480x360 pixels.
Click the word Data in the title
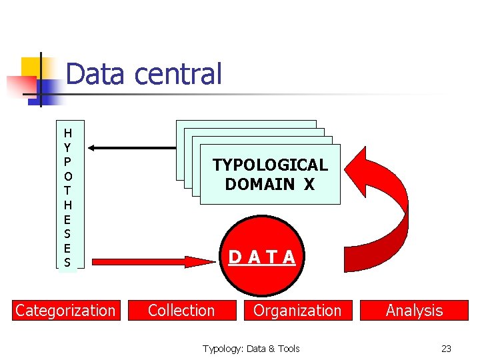pos(95,74)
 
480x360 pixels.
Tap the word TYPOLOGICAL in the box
pos(270,165)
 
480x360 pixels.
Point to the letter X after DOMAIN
pos(309,184)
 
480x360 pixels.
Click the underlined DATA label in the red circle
pos(262,257)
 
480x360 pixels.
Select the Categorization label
pos(65,310)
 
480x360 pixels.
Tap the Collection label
pos(181,310)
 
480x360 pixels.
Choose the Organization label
pos(297,310)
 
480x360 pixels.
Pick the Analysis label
pos(414,310)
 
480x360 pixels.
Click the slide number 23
pos(446,348)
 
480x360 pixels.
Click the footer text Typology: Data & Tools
pos(251,348)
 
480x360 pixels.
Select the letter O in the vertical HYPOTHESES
pos(67,176)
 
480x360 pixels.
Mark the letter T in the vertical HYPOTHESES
pos(67,190)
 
